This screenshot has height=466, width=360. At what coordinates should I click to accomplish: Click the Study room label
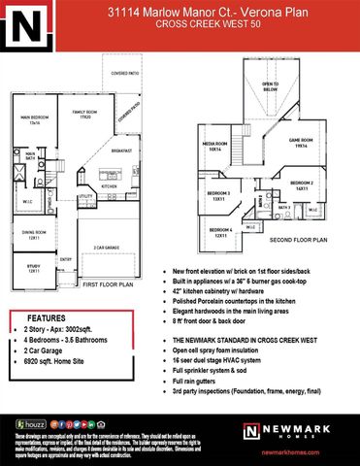coord(33,265)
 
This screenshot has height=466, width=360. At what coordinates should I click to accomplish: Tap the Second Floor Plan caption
coord(298,239)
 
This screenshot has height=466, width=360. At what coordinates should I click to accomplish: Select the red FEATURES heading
coord(46,317)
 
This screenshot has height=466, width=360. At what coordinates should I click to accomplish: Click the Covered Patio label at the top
coord(125,73)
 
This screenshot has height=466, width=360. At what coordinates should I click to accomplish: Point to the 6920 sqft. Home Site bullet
coord(59,372)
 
